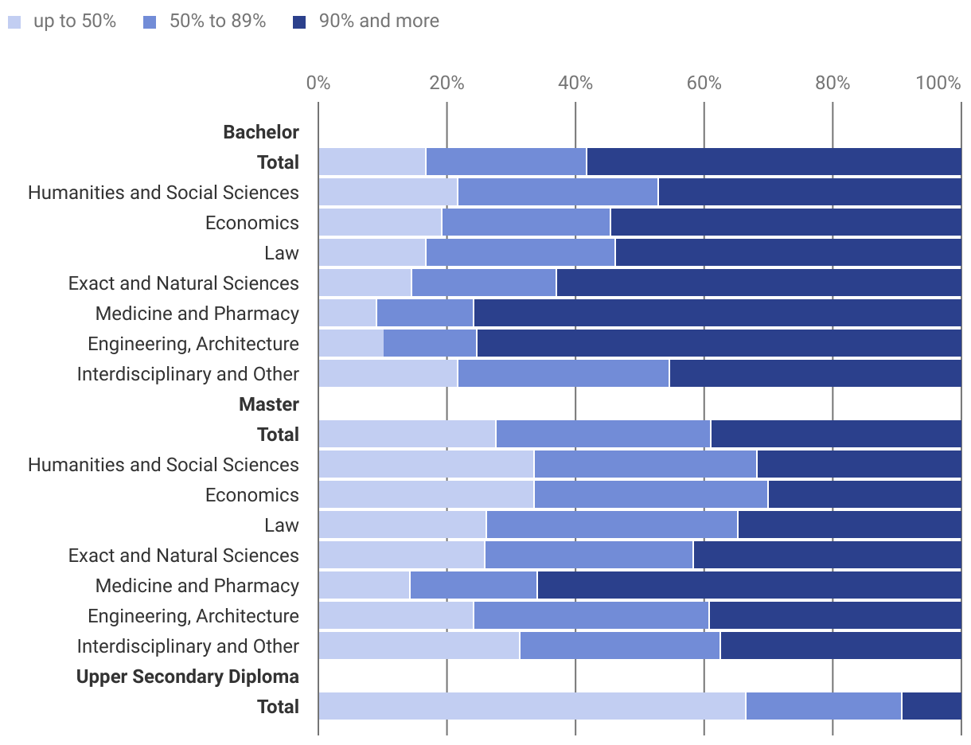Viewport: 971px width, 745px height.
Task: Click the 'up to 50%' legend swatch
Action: [x=14, y=22]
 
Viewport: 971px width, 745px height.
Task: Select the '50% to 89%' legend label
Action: [x=217, y=21]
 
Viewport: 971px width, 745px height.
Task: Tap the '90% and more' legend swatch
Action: [x=299, y=22]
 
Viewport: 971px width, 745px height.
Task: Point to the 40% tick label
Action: [x=575, y=83]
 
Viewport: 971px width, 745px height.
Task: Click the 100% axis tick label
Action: [x=938, y=83]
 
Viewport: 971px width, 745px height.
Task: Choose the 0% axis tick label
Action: [x=318, y=83]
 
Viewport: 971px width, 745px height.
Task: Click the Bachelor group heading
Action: [x=261, y=132]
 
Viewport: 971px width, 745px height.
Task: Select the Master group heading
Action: [x=269, y=404]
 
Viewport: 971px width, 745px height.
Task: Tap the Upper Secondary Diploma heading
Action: [x=188, y=677]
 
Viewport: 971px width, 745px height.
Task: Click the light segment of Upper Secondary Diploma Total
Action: [x=532, y=707]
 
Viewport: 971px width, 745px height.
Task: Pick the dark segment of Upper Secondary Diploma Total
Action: [x=931, y=707]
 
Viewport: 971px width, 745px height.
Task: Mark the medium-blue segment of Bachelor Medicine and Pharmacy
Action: [x=425, y=314]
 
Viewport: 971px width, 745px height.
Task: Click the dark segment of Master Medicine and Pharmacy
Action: [x=749, y=586]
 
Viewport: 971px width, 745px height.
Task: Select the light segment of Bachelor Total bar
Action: [x=372, y=162]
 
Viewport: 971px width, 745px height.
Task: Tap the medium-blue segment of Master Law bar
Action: [x=611, y=525]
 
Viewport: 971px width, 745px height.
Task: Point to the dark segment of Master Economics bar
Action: [x=864, y=495]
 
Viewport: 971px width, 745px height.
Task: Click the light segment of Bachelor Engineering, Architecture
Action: [x=351, y=344]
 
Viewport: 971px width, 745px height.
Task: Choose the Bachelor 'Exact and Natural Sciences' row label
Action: [x=184, y=283]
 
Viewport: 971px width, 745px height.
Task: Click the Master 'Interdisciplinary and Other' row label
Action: [x=188, y=646]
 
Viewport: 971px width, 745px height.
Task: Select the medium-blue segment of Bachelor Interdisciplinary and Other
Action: [x=563, y=374]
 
